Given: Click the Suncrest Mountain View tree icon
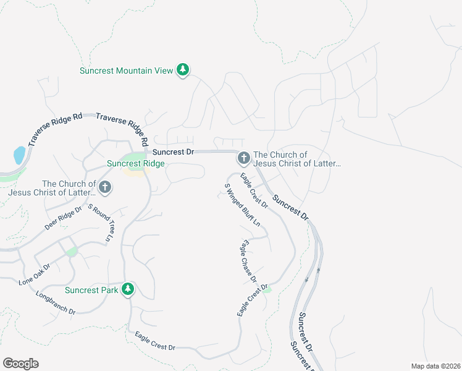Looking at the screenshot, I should pos(182,70).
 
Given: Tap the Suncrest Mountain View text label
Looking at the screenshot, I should pos(126,70).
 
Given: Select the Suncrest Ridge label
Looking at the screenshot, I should pos(136,163).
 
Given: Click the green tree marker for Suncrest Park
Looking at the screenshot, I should pos(128,289).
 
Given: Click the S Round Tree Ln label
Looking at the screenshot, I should pos(102,223).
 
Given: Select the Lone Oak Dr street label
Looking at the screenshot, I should pos(35,273).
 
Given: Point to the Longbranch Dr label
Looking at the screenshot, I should pos(55,302).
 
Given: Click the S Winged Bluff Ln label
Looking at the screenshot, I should pos(242,204).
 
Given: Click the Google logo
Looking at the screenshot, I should pos(20,364).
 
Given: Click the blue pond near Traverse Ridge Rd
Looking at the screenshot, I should pos(19,155).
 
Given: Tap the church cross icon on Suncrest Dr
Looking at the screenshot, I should pos(243,159).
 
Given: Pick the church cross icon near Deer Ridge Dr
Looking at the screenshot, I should pos(105,187).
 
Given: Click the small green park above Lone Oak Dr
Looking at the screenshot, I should pos(72,251).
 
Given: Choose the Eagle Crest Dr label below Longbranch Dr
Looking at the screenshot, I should pos(156,340).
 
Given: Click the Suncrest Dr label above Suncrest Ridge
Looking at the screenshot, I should pos(174,151).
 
